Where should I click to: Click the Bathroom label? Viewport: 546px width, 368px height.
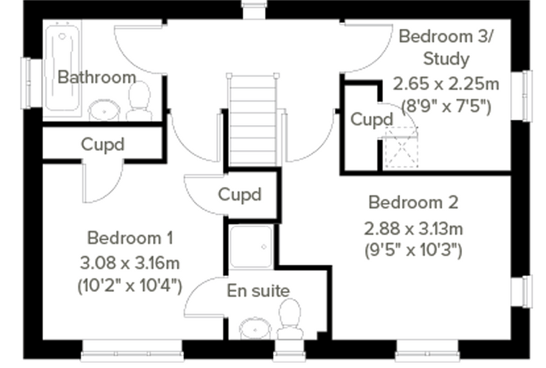click(x=96, y=77)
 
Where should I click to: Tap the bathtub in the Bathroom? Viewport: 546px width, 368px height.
click(x=63, y=68)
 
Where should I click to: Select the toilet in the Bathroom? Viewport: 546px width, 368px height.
click(x=139, y=101)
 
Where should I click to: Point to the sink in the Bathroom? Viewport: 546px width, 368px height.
click(x=104, y=111)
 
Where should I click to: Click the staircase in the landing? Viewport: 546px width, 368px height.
click(x=253, y=119)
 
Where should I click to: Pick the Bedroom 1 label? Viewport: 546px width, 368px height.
click(x=130, y=239)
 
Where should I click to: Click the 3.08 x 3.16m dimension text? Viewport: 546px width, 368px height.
click(x=130, y=263)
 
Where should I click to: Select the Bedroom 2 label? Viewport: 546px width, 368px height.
click(x=413, y=203)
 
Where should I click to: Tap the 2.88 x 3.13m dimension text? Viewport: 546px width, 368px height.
click(x=413, y=229)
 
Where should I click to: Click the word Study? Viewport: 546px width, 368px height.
click(x=446, y=59)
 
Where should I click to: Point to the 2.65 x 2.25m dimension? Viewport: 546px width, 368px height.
click(x=446, y=83)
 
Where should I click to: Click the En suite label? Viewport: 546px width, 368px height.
click(x=258, y=291)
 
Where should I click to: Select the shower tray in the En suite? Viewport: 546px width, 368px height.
click(x=251, y=247)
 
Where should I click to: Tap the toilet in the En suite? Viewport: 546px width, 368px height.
click(x=290, y=319)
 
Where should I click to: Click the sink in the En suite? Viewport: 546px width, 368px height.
click(x=255, y=328)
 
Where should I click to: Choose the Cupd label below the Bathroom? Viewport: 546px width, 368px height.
click(x=102, y=144)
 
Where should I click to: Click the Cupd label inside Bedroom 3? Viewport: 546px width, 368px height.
click(x=371, y=120)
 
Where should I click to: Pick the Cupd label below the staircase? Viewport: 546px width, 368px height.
click(x=239, y=195)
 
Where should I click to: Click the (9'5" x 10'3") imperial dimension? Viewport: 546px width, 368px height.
click(x=413, y=250)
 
